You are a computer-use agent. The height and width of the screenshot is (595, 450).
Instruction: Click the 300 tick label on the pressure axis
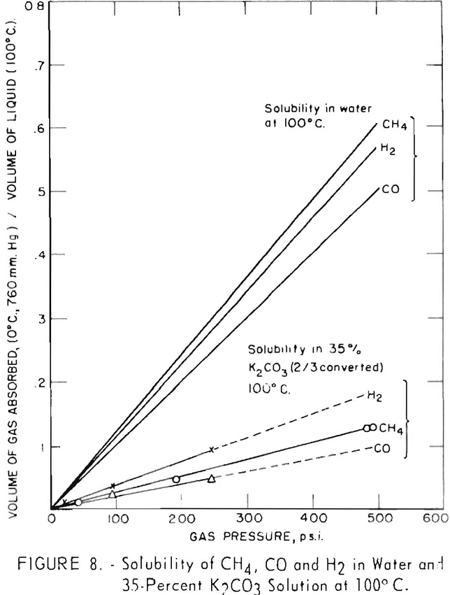pyautogui.click(x=247, y=519)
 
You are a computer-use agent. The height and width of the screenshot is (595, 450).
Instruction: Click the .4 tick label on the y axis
pyautogui.click(x=37, y=255)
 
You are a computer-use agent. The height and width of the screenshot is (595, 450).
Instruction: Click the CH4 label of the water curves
pyautogui.click(x=391, y=125)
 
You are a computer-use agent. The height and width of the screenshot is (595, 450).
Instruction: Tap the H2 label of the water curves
pyautogui.click(x=388, y=148)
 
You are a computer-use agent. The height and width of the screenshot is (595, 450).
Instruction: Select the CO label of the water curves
pyautogui.click(x=391, y=189)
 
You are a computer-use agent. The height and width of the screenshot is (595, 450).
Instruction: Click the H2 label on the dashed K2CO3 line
pyautogui.click(x=375, y=395)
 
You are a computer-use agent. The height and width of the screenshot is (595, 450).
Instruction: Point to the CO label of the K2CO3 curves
pyautogui.click(x=382, y=447)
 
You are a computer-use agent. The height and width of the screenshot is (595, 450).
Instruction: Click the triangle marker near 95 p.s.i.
pyautogui.click(x=112, y=494)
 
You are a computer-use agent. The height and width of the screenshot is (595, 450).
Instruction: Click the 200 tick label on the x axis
pyautogui.click(x=182, y=519)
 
